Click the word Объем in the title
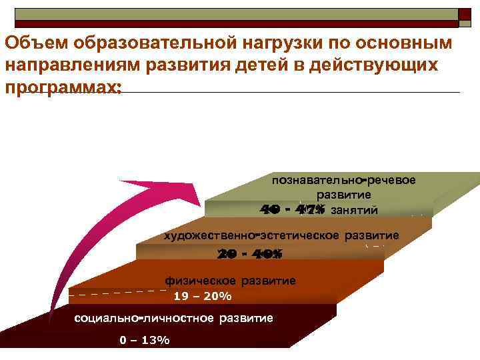(38, 43)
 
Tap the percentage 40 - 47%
(293, 210)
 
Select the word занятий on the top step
(354, 211)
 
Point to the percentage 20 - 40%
(250, 254)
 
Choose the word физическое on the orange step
(197, 281)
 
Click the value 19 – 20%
(202, 296)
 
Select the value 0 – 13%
(144, 340)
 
